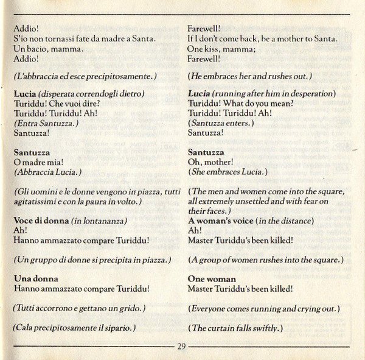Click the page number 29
(x=182, y=347)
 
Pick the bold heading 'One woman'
(x=212, y=278)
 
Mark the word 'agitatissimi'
(x=36, y=201)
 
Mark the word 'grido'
(x=129, y=308)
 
